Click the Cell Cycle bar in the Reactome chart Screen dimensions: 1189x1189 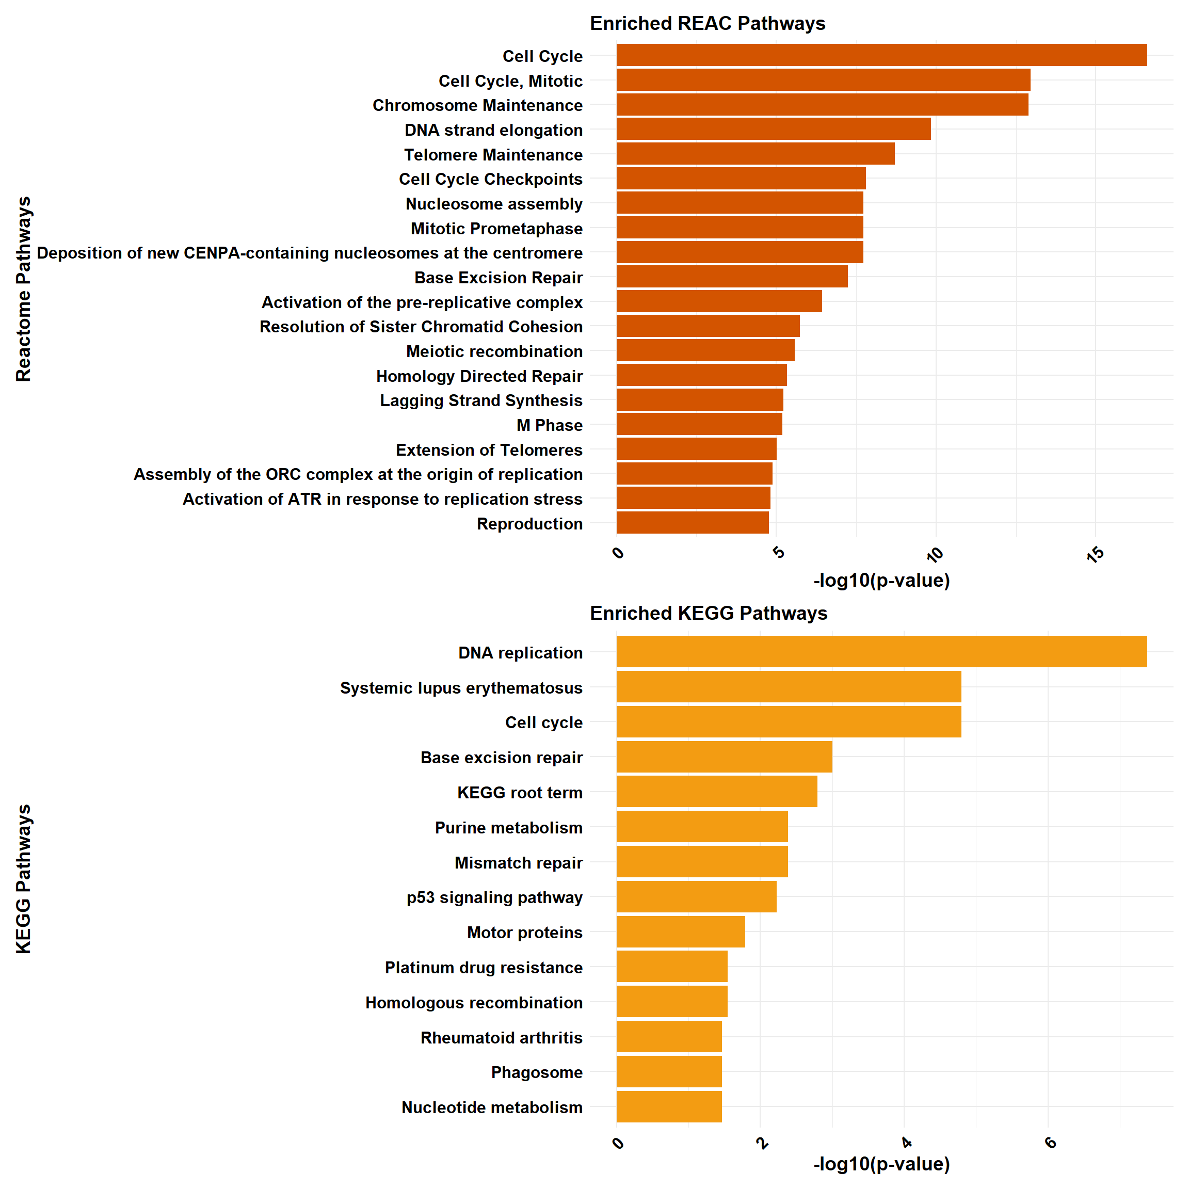(x=881, y=55)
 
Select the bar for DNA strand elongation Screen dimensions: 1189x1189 (x=773, y=129)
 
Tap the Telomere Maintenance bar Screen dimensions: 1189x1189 (x=755, y=154)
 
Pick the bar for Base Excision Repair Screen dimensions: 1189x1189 (x=732, y=277)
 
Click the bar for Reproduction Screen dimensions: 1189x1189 (x=693, y=523)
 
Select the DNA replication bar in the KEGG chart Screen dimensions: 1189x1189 (x=881, y=652)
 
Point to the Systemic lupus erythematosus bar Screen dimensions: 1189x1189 (x=789, y=687)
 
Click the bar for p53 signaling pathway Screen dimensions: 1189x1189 (x=696, y=897)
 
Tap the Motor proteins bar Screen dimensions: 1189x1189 (x=681, y=932)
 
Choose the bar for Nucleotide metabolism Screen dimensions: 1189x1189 (x=669, y=1106)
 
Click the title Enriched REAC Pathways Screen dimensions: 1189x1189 (x=707, y=23)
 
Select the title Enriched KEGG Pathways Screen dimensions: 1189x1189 (x=709, y=613)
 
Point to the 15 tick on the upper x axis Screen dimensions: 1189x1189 (x=1096, y=554)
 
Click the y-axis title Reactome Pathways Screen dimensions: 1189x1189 (x=23, y=289)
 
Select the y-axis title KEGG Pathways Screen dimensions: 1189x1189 (x=23, y=879)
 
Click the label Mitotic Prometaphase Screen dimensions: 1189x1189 (x=496, y=228)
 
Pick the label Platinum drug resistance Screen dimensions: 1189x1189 (x=483, y=968)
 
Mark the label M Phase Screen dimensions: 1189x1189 (x=549, y=425)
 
